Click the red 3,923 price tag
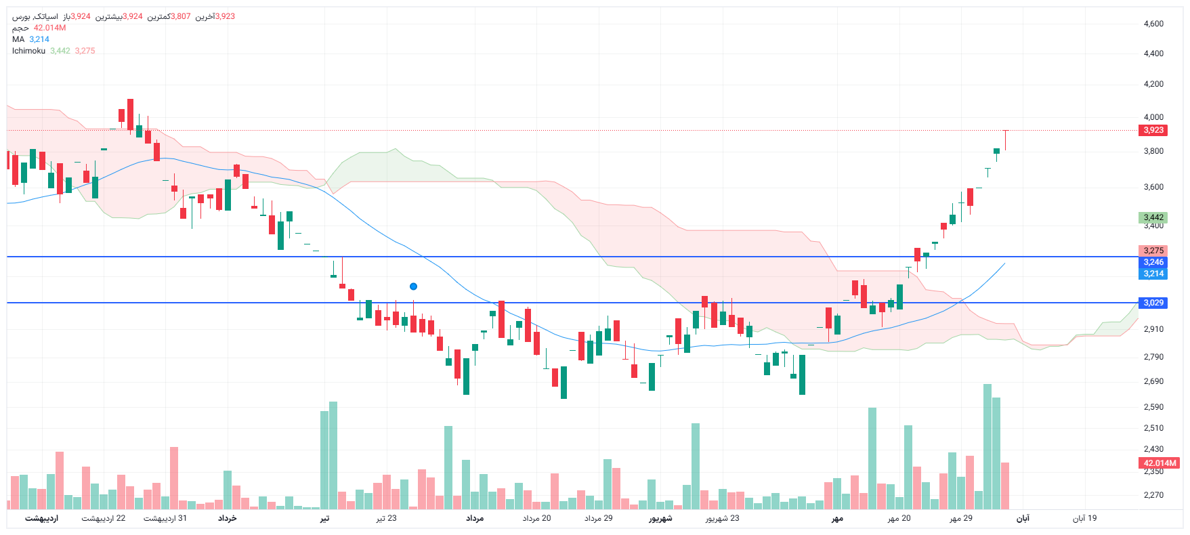click(x=1153, y=130)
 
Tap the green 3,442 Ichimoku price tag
click(x=1153, y=217)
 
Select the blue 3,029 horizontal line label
click(x=1153, y=303)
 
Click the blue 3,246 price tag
click(x=1153, y=262)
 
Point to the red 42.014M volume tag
click(x=1160, y=463)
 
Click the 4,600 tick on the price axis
click(x=1153, y=24)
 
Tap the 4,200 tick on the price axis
click(x=1153, y=84)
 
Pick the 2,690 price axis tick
click(x=1153, y=381)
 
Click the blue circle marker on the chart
click(x=413, y=286)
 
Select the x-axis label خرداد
click(x=228, y=518)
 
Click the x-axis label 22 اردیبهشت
click(x=104, y=518)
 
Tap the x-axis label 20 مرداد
click(x=536, y=518)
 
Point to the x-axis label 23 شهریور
click(x=722, y=518)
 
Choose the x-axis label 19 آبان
click(x=1084, y=518)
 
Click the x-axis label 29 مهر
click(x=961, y=518)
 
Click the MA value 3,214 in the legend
click(x=39, y=39)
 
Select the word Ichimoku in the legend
click(x=28, y=51)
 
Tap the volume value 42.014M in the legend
click(x=49, y=28)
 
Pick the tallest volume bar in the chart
click(x=987, y=447)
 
